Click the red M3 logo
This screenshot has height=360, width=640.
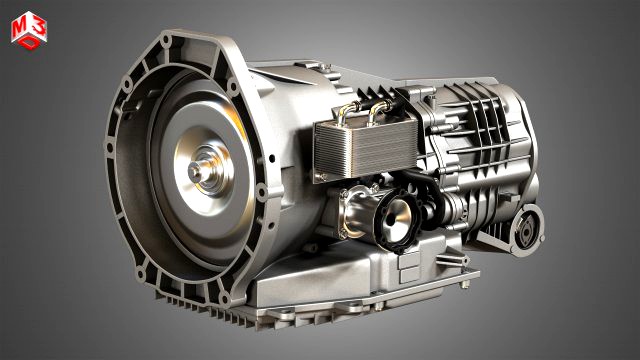[x=27, y=29]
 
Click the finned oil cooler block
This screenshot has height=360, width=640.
[x=351, y=145]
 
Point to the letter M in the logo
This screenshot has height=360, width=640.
[x=19, y=31]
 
